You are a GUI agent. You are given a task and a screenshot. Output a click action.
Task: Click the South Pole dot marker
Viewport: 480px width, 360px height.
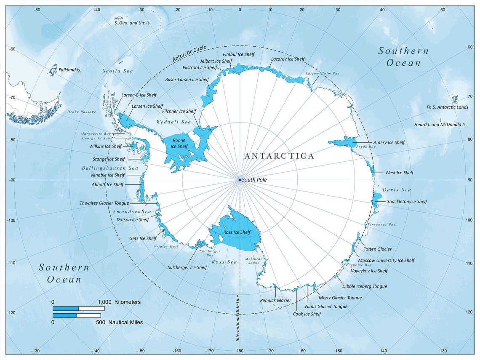click(x=240, y=180)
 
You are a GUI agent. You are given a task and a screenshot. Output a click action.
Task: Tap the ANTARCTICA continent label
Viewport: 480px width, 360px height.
click(x=279, y=156)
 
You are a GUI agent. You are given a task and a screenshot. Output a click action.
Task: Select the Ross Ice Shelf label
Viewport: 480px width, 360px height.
click(x=237, y=232)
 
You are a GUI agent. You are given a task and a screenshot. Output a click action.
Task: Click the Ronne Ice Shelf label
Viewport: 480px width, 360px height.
click(x=179, y=144)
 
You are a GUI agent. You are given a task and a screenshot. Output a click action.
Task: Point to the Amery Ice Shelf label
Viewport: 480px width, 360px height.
click(x=389, y=143)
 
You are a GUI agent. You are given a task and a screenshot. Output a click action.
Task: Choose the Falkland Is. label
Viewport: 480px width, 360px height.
click(x=69, y=70)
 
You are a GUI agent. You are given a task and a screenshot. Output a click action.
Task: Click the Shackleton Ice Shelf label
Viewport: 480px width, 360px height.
click(x=407, y=202)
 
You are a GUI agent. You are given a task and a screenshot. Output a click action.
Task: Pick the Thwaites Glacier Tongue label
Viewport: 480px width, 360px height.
click(x=104, y=203)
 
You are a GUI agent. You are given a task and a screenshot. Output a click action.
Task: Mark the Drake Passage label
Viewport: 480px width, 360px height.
click(x=81, y=112)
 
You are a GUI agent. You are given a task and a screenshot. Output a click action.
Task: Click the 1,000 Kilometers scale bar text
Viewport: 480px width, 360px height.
click(x=119, y=302)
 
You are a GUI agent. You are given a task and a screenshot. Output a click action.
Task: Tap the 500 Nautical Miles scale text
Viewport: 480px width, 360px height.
click(x=125, y=323)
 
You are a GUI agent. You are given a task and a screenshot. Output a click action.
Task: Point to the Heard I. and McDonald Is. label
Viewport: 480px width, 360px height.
click(x=440, y=125)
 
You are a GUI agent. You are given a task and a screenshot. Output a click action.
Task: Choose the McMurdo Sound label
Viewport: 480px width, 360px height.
click(x=254, y=261)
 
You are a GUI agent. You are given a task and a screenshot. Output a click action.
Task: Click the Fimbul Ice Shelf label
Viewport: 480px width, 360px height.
click(x=239, y=54)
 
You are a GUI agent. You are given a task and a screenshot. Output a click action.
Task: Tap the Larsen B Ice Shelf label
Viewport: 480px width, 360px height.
click(x=139, y=95)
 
